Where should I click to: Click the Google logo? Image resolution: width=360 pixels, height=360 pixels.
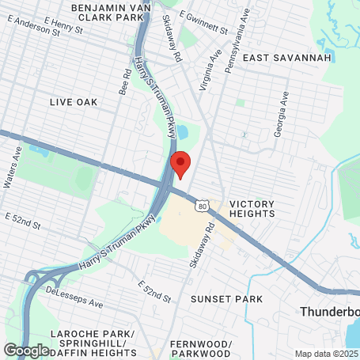tap(25, 350)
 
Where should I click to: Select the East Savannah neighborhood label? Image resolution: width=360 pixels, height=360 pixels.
tap(275, 59)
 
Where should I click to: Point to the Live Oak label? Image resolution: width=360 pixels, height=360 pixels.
tap(73, 102)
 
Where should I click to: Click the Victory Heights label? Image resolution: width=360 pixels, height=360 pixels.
tap(252, 208)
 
